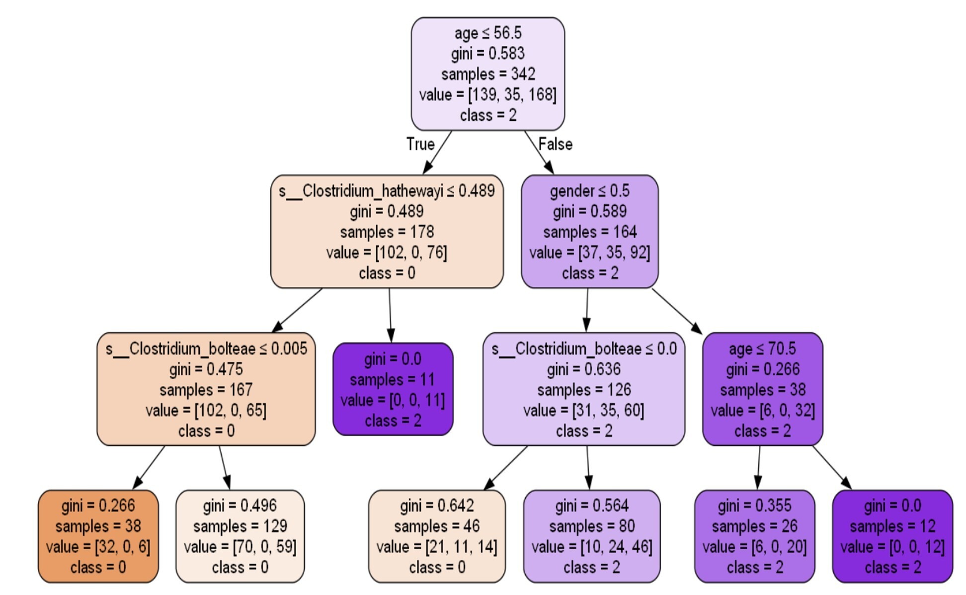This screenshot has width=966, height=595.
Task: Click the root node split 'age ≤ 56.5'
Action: pos(488,33)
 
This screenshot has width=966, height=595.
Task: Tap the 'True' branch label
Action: pos(420,144)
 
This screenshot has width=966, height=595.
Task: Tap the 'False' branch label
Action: pos(556,144)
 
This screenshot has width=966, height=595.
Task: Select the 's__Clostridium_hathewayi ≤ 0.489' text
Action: pos(387,191)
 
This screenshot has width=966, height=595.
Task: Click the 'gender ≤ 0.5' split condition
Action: pos(589,191)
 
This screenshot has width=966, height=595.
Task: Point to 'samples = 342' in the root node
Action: pos(488,74)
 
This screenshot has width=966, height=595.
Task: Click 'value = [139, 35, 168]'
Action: pos(488,94)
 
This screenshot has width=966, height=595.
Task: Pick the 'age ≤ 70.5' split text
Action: pos(762,348)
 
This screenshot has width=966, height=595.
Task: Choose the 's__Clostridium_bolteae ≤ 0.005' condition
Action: pos(206,348)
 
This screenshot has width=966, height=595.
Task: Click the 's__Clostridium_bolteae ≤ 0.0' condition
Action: pos(584,348)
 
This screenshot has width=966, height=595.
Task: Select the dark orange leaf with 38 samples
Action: pos(98,536)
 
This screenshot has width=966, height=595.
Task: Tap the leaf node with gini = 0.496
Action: pos(240,536)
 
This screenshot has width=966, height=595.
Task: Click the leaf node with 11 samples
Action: pos(393,389)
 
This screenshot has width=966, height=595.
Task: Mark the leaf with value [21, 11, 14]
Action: pos(437,536)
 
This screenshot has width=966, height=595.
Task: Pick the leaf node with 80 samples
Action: pos(592,536)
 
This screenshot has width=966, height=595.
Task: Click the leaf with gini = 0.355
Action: pos(755,536)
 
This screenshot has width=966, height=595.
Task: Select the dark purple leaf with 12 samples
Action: pos(892,536)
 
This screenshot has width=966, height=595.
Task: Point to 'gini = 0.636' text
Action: pos(584,369)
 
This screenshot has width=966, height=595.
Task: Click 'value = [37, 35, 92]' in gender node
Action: pos(589,253)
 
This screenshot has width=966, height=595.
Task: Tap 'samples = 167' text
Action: pos(206,390)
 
